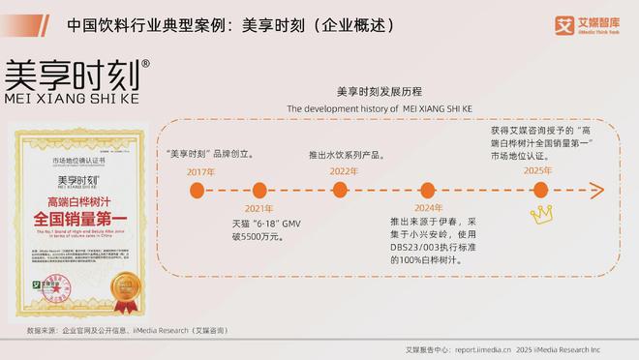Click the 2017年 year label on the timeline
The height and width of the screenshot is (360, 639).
(200, 171)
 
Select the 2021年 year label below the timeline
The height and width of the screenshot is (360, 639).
(259, 209)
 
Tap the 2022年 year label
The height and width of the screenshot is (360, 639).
(344, 171)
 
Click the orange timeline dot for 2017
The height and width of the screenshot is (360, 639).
(201, 190)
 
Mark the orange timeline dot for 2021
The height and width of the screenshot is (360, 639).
(259, 190)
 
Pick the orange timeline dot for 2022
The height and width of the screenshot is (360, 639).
(344, 190)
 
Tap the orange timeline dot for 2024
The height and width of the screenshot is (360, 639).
(429, 190)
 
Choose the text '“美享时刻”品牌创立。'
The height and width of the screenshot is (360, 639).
(210, 154)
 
